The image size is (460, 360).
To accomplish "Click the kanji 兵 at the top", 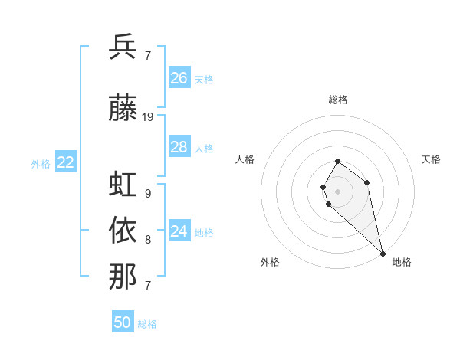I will click(x=123, y=47).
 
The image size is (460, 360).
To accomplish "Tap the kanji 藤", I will click(x=123, y=108).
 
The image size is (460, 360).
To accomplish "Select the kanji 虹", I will click(x=123, y=185).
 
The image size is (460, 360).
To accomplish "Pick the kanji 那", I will click(x=123, y=276).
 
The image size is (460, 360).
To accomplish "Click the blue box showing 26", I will click(x=179, y=78).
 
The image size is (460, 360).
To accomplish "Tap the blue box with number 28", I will click(x=179, y=147).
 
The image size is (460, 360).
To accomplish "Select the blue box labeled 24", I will click(x=179, y=231).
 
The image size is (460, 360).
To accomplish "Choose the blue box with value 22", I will click(x=66, y=162).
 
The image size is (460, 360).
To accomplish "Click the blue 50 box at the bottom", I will click(x=123, y=322).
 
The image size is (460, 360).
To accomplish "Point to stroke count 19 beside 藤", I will click(x=148, y=117).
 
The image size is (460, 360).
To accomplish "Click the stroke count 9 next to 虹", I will click(x=147, y=194).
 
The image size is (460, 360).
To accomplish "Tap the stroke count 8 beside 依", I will click(x=147, y=240).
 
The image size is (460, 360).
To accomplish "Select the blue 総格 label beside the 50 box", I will click(x=147, y=324).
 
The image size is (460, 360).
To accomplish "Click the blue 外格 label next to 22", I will click(x=41, y=163).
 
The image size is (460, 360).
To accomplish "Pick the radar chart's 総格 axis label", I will click(x=337, y=100).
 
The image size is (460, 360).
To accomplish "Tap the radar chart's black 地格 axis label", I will click(x=402, y=262).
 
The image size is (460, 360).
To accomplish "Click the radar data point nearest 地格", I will click(x=383, y=253).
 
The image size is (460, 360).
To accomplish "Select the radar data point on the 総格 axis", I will click(x=337, y=162).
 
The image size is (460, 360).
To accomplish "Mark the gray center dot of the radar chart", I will click(x=337, y=190).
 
